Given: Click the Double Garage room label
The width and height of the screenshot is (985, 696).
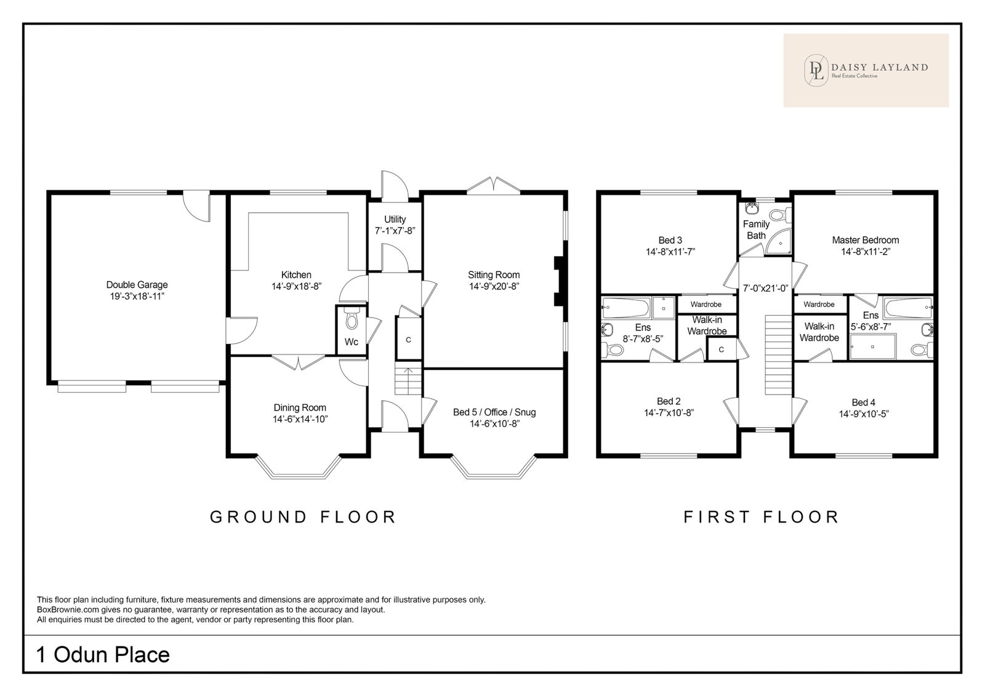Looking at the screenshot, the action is pos(137,285).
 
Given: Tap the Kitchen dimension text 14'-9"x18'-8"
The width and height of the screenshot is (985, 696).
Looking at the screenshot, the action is pos(296,287).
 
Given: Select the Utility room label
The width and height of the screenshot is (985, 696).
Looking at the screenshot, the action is pos(395,220).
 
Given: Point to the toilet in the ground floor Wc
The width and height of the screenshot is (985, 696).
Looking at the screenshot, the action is pos(352,319).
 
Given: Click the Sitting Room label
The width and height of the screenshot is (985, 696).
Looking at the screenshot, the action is pos(494,275).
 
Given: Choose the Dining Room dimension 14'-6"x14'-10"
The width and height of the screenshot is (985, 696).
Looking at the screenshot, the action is pos(300,420).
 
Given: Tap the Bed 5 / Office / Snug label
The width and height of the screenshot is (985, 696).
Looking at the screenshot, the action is pos(494,412).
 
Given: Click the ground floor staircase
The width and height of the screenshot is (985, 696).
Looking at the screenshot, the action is pos(408,381).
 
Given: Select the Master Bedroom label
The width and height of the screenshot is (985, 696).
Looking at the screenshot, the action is pos(866,240).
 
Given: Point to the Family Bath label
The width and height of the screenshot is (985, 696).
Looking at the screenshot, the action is pos(757,230).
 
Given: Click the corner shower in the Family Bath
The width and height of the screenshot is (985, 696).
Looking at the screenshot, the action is pos(778,241).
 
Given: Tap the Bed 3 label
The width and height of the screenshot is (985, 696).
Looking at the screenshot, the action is pos(670,241).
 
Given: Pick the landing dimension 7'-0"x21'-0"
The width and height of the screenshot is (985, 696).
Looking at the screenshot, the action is pos(766,289).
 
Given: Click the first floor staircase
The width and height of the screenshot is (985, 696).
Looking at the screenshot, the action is pos(778,355).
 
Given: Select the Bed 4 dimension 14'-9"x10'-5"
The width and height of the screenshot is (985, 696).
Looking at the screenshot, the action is pos(864,414).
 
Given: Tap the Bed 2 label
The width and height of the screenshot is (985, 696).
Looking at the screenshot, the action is pos(669,401).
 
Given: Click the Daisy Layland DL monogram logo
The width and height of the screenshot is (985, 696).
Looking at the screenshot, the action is pos(816,70).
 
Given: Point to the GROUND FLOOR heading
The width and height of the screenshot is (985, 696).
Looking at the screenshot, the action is pos(303,517).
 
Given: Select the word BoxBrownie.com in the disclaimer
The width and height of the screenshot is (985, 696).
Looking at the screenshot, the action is pos(68,610).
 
